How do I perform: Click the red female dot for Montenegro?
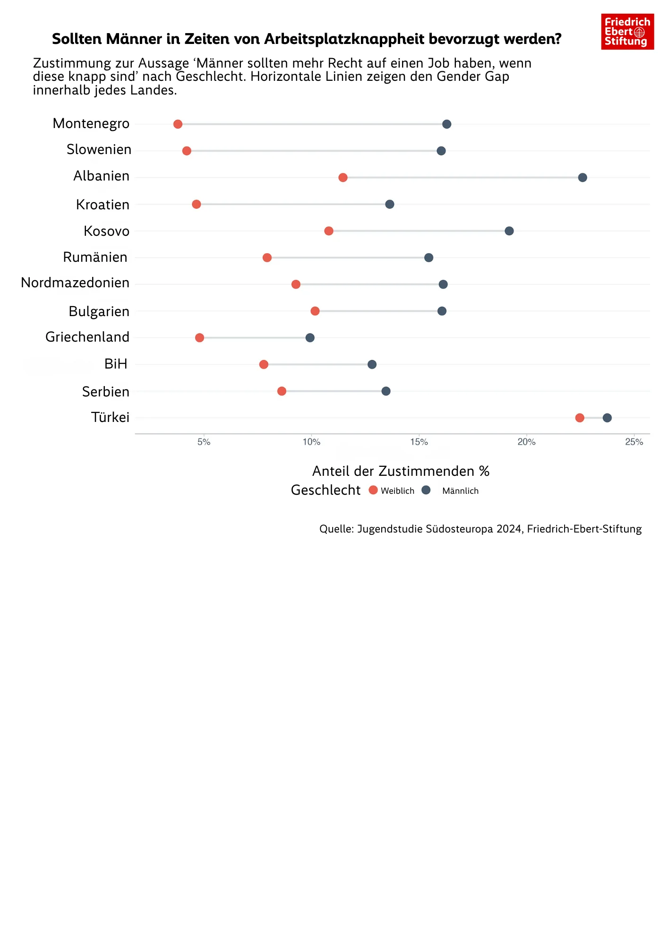(178, 124)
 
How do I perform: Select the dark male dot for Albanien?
(582, 178)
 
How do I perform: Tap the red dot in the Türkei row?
(580, 418)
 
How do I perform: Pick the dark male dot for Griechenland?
(310, 338)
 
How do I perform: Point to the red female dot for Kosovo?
(329, 231)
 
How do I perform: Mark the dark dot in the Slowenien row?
(441, 151)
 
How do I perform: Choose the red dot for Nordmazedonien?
(296, 284)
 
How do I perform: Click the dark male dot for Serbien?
(386, 391)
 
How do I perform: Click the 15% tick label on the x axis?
(419, 442)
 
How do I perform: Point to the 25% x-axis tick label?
(634, 442)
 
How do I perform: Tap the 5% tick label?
(204, 442)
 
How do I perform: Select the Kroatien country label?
(103, 205)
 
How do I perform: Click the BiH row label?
(116, 364)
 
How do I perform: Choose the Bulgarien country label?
(99, 311)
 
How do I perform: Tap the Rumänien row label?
(95, 257)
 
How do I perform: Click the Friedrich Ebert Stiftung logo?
(627, 32)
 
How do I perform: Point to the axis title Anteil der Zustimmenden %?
(401, 471)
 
